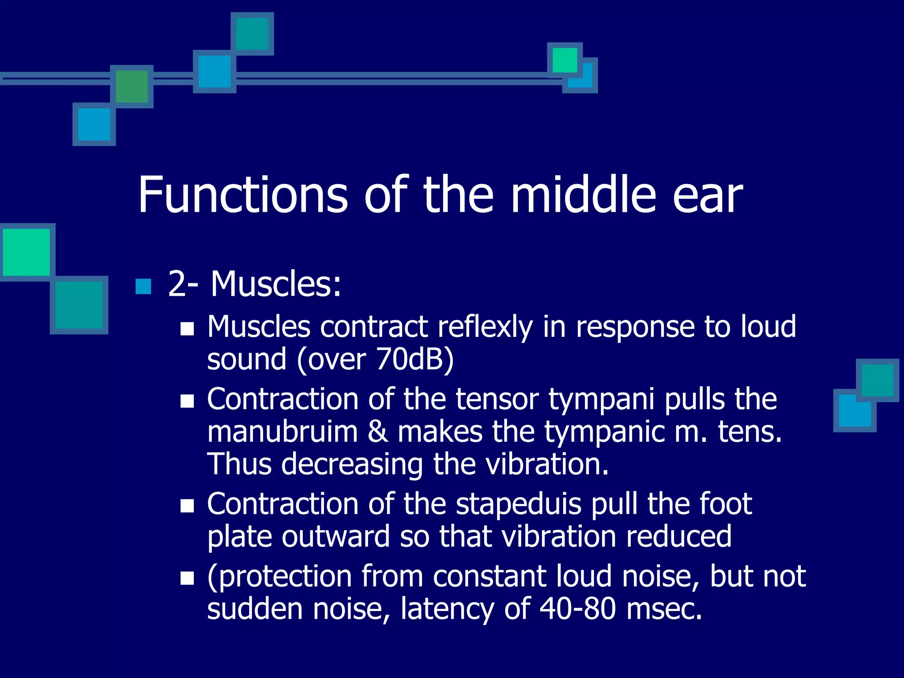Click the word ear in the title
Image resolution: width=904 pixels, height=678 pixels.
(x=708, y=195)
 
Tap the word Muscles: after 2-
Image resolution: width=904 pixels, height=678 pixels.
(x=276, y=284)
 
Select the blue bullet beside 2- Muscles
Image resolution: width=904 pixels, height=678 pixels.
(x=143, y=286)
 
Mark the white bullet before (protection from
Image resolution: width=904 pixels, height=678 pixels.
(x=188, y=578)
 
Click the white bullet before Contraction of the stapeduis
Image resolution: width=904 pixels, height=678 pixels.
(x=188, y=505)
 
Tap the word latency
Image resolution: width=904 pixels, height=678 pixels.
(x=447, y=609)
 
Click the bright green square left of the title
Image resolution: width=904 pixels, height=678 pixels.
(x=26, y=252)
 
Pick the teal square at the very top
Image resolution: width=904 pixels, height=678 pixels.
(x=252, y=34)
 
